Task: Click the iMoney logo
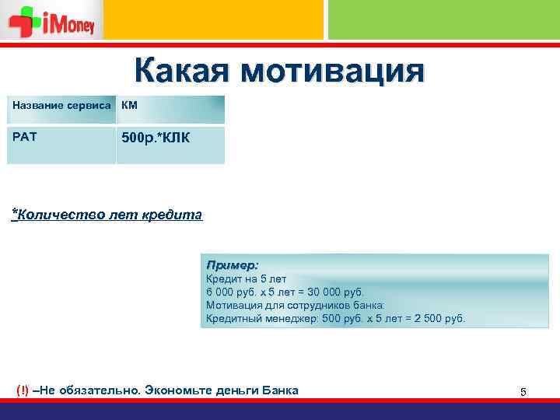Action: click(52, 21)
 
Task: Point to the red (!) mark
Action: click(23, 390)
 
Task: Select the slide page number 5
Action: click(523, 392)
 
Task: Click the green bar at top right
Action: click(443, 19)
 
